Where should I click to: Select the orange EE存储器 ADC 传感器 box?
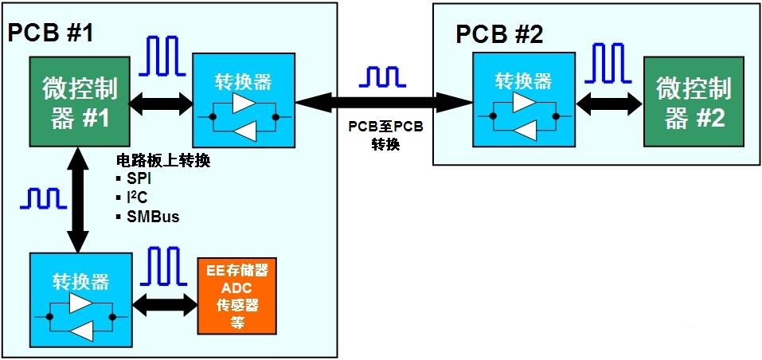[237, 295]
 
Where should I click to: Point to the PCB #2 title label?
[500, 34]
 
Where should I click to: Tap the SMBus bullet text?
[147, 215]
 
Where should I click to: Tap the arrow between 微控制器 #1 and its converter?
[159, 102]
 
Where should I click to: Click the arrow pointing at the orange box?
[166, 303]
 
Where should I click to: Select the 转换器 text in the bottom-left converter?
[80, 282]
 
